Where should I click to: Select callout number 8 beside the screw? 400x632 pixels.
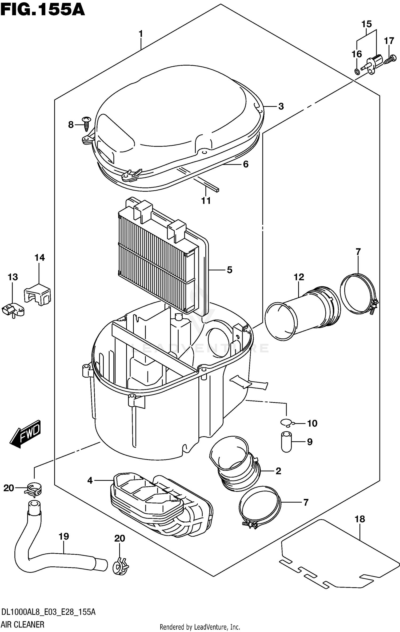[71, 125]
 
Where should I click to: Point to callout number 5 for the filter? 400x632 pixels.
[230, 270]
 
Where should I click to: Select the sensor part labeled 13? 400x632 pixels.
[13, 310]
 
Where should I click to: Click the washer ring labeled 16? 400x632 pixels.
[357, 71]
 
